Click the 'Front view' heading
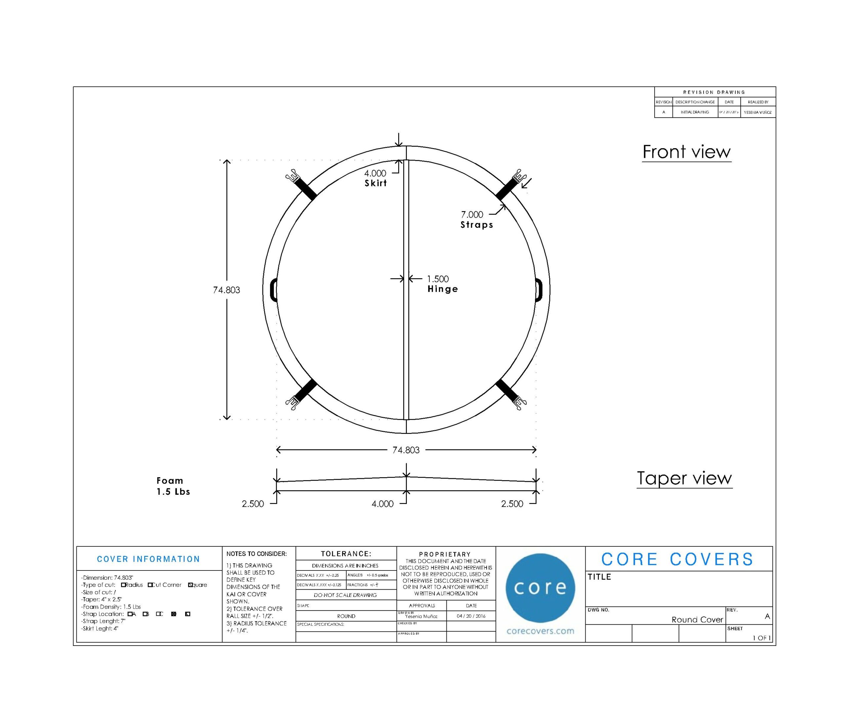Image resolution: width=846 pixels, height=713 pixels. click(x=686, y=152)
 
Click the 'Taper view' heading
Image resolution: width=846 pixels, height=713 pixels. click(x=684, y=478)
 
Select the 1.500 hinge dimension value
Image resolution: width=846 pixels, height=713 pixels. click(x=438, y=279)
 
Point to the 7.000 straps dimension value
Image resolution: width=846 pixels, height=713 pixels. click(x=472, y=215)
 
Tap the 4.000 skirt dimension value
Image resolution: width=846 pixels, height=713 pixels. click(x=375, y=173)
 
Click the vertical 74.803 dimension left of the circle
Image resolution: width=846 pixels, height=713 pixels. click(x=227, y=290)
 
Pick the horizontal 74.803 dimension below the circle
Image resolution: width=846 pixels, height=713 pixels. click(x=406, y=450)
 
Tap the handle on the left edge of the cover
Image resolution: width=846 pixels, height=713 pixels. click(x=273, y=290)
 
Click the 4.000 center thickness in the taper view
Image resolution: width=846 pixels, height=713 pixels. click(x=382, y=504)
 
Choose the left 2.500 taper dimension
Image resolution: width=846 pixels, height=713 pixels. click(x=253, y=504)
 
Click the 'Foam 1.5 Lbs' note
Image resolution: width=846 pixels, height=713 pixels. click(x=173, y=486)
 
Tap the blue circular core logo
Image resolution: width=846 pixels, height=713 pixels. click(x=540, y=588)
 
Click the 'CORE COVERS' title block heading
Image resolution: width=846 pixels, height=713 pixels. click(x=677, y=560)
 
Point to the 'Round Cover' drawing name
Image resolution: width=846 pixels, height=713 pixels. click(x=697, y=620)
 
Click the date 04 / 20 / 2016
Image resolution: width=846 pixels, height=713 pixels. click(x=471, y=616)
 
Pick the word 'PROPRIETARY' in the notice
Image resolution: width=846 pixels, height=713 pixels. click(x=444, y=554)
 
